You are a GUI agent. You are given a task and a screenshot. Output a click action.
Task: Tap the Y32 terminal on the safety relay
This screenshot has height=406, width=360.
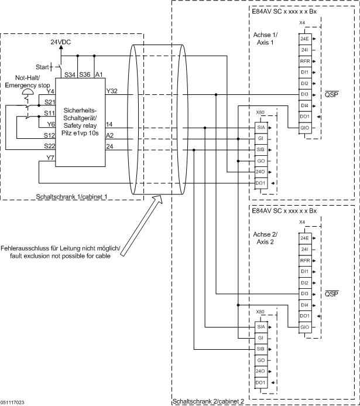tap(112, 91)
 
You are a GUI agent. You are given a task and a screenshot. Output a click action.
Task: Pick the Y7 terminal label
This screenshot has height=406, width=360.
tap(50, 158)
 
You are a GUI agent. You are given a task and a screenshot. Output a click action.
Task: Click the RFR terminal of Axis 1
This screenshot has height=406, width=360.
tap(304, 62)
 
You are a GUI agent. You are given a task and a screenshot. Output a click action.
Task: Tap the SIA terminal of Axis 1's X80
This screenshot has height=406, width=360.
tap(260, 127)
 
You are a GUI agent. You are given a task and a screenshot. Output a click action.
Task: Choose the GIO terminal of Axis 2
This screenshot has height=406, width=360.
tap(304, 326)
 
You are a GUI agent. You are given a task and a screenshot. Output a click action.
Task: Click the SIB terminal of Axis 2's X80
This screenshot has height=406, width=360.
tap(260, 349)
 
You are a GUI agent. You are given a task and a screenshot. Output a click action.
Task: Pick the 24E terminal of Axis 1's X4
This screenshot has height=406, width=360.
tap(304, 39)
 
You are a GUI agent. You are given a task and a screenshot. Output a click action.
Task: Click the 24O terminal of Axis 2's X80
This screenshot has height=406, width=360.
tap(260, 371)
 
